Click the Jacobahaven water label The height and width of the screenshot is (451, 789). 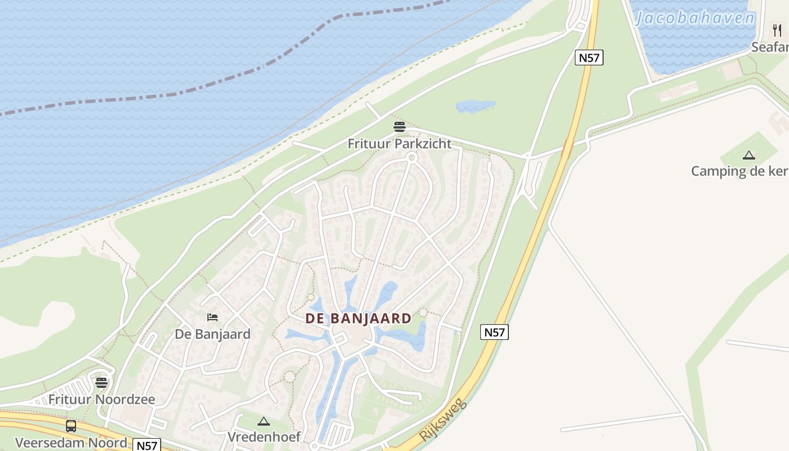click(694, 19)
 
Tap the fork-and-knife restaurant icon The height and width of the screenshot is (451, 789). click(777, 30)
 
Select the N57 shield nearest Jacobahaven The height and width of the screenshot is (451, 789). click(589, 58)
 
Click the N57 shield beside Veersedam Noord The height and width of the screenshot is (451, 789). click(147, 445)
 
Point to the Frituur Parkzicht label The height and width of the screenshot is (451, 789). click(400, 144)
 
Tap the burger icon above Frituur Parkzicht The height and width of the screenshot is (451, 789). click(400, 127)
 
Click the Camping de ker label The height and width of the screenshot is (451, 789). click(739, 171)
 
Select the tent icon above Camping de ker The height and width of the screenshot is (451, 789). click(748, 155)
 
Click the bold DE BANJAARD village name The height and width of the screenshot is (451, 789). click(358, 319)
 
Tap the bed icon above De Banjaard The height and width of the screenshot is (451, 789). click(212, 317)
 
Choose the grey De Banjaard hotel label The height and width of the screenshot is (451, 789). click(212, 334)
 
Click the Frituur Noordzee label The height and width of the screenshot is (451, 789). click(101, 400)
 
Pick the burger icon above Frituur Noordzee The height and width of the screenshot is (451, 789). click(101, 383)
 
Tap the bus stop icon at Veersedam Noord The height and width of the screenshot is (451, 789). click(71, 426)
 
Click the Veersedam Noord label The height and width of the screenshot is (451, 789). click(71, 442)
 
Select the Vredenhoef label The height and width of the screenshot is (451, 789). click(264, 437)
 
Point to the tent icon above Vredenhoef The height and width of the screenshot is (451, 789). click(264, 421)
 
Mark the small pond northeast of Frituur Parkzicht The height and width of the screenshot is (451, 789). click(475, 106)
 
